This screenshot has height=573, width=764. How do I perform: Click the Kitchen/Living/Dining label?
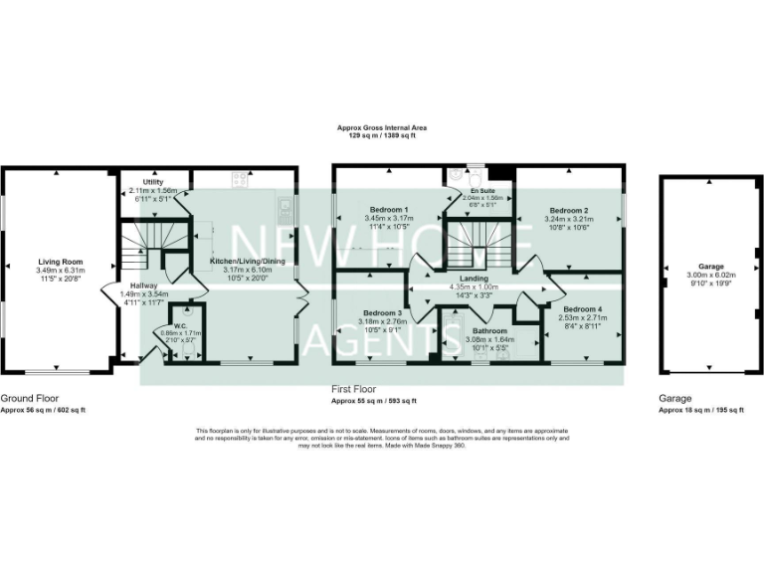pyautogui.click(x=247, y=261)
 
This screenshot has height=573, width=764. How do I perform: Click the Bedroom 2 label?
pyautogui.click(x=570, y=210)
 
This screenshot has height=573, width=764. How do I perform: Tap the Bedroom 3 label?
pyautogui.click(x=383, y=313)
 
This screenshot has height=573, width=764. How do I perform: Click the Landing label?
pyautogui.click(x=473, y=279)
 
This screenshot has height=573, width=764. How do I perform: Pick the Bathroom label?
pyautogui.click(x=489, y=331)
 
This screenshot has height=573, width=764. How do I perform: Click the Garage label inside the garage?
pyautogui.click(x=710, y=267)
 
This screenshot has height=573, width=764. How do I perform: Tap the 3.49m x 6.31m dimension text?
pyautogui.click(x=61, y=271)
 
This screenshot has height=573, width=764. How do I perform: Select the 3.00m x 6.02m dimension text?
pyautogui.click(x=710, y=275)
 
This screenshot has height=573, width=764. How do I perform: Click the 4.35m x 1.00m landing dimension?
pyautogui.click(x=473, y=286)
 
